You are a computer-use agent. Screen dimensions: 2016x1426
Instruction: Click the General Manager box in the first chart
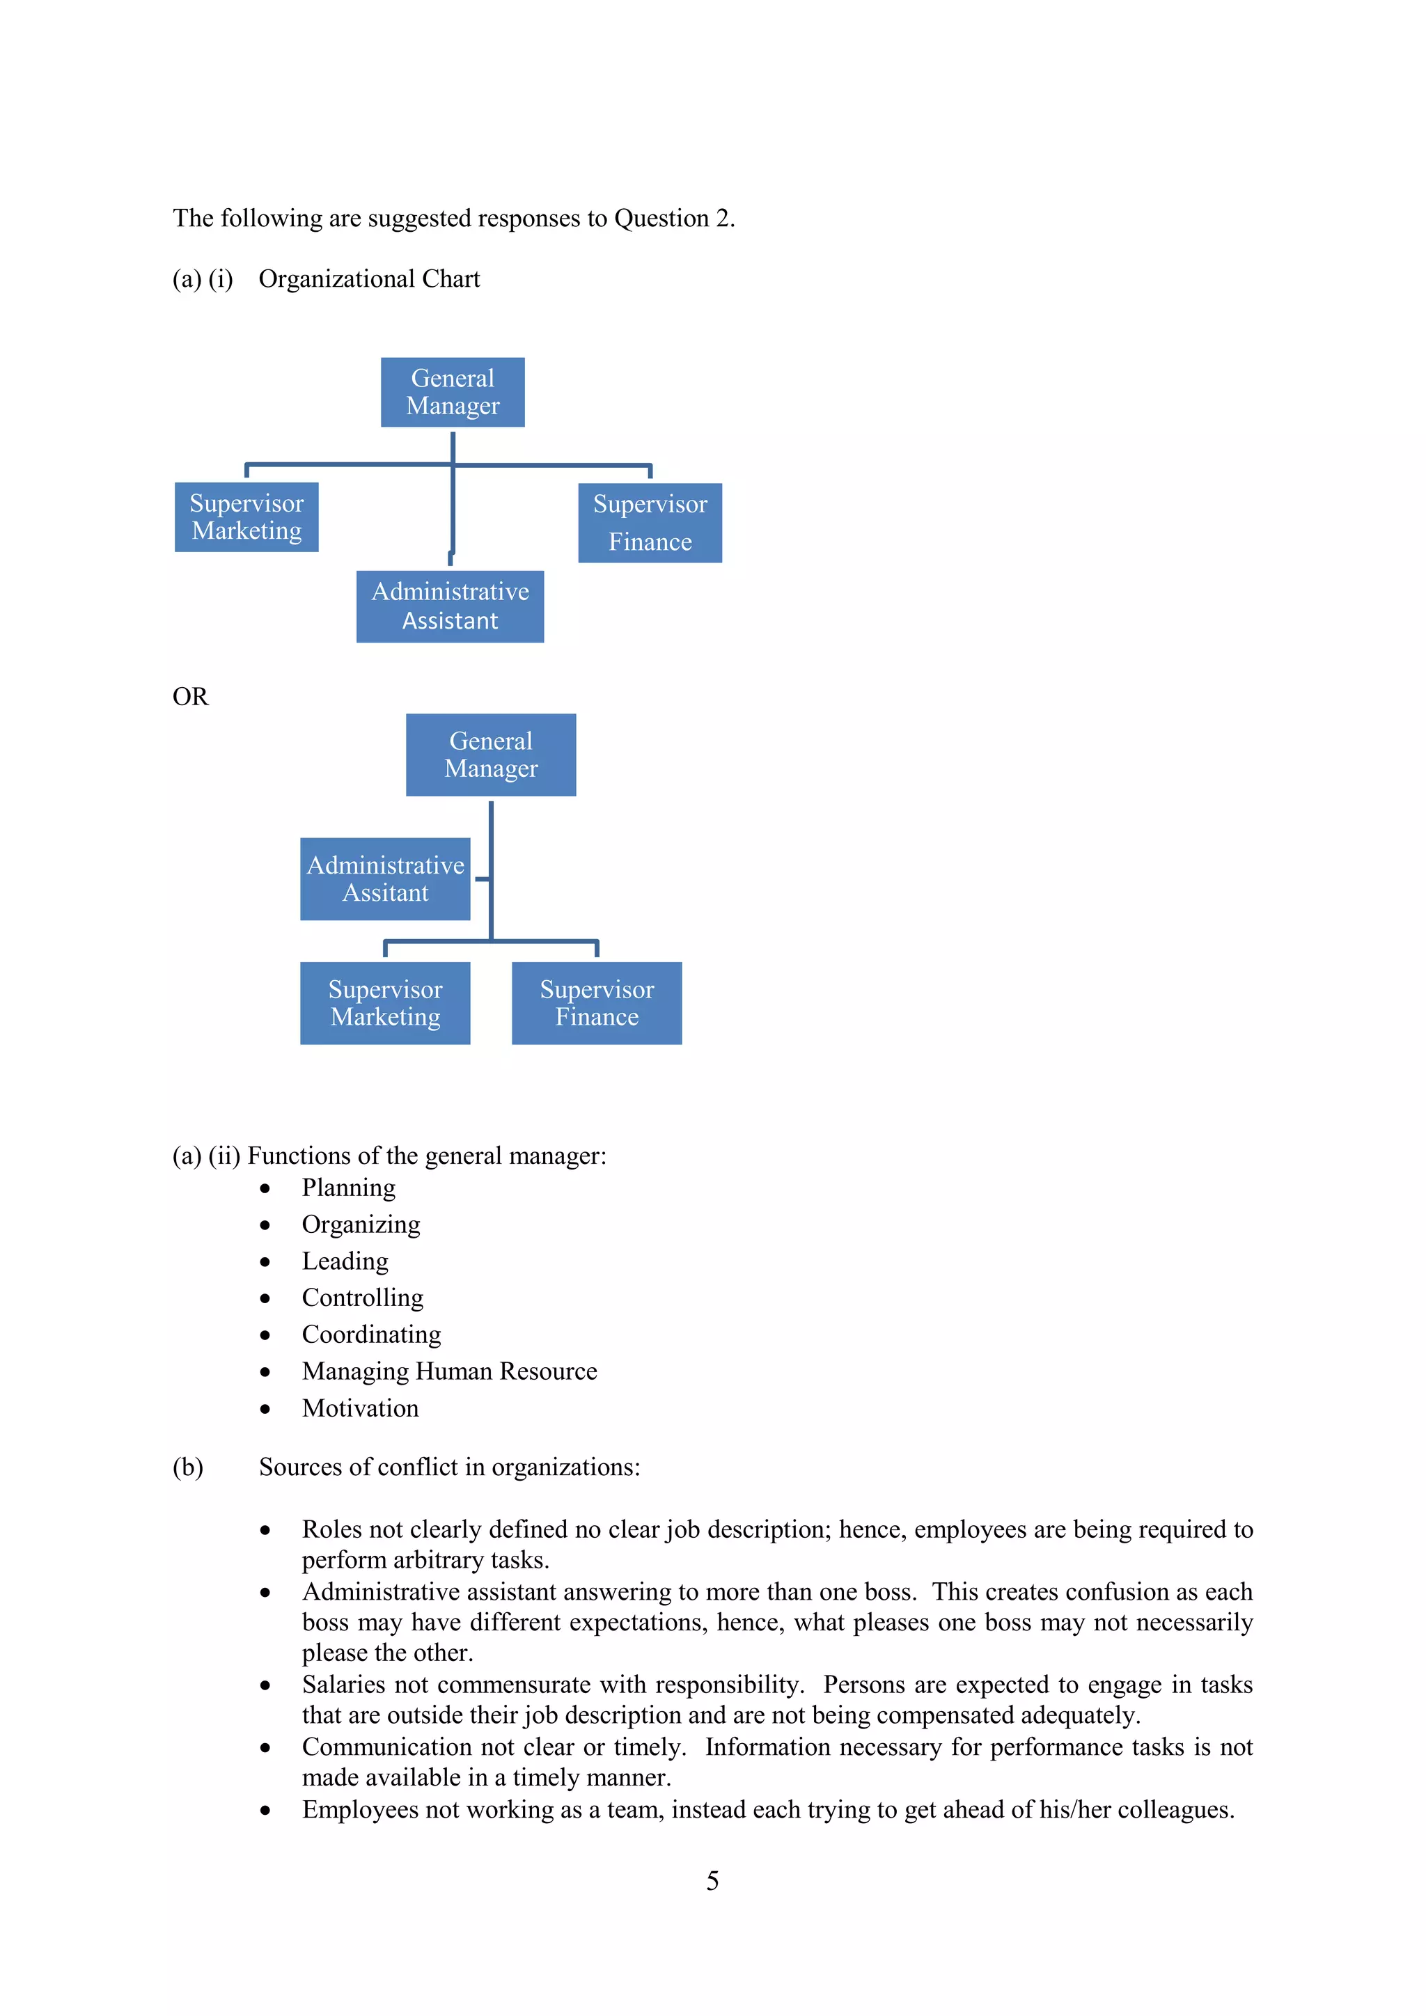coord(452,393)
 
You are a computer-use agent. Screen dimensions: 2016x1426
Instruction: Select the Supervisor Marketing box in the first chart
coord(246,517)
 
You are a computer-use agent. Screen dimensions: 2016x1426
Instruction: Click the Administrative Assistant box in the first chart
coord(450,607)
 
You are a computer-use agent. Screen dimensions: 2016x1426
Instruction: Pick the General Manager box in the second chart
coord(491,755)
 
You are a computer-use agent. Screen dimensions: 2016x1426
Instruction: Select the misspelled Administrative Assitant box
coord(386,879)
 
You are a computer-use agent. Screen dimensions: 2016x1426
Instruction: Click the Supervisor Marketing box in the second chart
coord(386,1002)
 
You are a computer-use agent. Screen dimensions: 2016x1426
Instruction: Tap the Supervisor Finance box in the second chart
coord(597,1002)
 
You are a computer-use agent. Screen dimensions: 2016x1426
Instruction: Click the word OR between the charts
coord(191,697)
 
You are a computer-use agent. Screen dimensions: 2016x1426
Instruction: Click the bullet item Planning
coord(349,1188)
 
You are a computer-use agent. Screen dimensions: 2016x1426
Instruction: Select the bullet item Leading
coord(345,1262)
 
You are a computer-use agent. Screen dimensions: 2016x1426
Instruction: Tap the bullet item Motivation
coord(360,1408)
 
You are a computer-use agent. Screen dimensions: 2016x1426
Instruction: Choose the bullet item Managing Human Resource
coord(448,1371)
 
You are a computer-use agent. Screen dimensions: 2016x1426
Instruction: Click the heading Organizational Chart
coord(369,279)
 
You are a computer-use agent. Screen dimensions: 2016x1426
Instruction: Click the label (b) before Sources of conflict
coord(188,1467)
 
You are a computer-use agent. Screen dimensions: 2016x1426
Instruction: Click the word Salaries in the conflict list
coord(343,1685)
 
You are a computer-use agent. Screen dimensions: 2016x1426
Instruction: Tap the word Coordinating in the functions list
coord(371,1334)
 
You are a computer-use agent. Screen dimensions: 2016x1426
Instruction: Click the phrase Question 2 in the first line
coord(673,219)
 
